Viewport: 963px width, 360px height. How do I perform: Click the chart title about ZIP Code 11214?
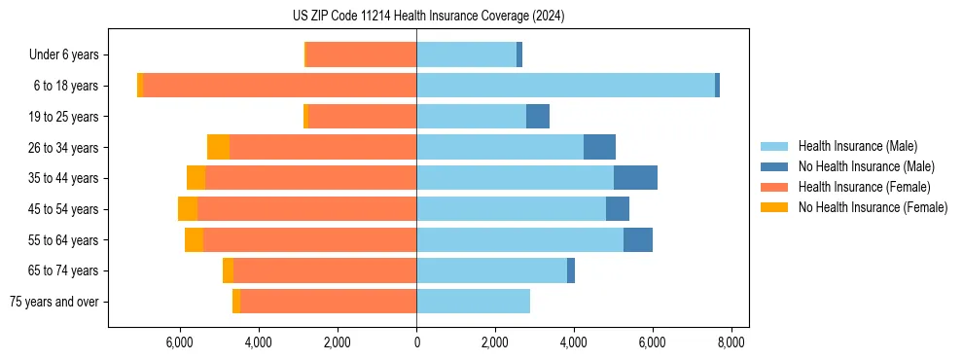pyautogui.click(x=428, y=17)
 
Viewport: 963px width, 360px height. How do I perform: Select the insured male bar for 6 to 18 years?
pyautogui.click(x=565, y=86)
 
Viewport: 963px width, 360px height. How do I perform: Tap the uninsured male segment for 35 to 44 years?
pyautogui.click(x=635, y=178)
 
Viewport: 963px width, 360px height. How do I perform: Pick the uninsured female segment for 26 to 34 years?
pyautogui.click(x=218, y=147)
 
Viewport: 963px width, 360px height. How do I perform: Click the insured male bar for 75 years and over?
pyautogui.click(x=473, y=302)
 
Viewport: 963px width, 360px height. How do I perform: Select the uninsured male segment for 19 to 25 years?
pyautogui.click(x=538, y=117)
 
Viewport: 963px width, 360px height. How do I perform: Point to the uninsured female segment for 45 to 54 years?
pyautogui.click(x=188, y=209)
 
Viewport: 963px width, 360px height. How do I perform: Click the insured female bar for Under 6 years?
pyautogui.click(x=361, y=54)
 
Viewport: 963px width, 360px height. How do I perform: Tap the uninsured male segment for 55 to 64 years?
pyautogui.click(x=638, y=240)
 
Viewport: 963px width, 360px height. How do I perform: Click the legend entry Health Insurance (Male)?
pyautogui.click(x=857, y=146)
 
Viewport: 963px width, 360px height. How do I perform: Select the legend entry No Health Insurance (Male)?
pyautogui.click(x=866, y=166)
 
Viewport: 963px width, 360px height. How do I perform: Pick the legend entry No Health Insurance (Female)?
pyautogui.click(x=873, y=207)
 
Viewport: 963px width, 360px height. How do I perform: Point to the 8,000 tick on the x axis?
pyautogui.click(x=731, y=342)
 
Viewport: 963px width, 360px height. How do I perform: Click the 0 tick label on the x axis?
pyautogui.click(x=416, y=342)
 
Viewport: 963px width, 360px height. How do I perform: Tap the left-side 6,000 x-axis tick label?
pyautogui.click(x=181, y=342)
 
